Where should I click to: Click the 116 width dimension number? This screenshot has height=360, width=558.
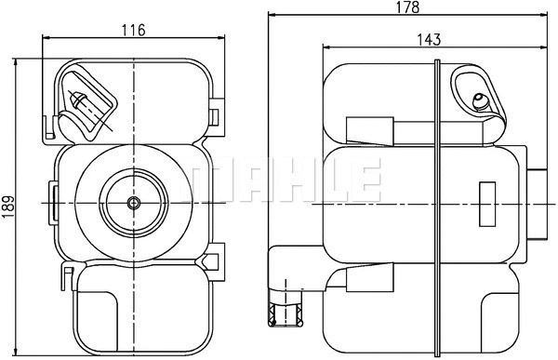click(134, 30)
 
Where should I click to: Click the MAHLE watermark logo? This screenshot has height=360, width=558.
click(284, 180)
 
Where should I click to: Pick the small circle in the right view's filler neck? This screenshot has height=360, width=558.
click(480, 100)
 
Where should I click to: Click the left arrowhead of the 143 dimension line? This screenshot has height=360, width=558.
click(326, 47)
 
